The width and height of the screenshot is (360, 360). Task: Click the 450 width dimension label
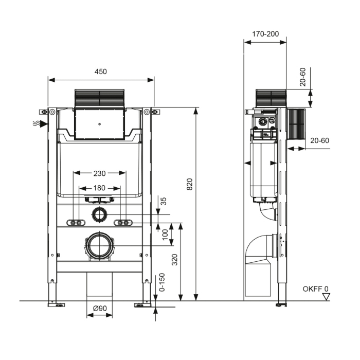(101, 71)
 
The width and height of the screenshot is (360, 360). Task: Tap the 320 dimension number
(175, 260)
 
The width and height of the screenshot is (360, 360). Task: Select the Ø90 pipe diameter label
(99, 308)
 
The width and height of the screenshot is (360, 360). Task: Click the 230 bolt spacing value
(99, 173)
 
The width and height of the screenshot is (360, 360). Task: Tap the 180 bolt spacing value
(99, 188)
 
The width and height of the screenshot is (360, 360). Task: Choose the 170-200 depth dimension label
(265, 34)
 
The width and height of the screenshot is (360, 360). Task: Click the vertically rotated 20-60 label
(303, 76)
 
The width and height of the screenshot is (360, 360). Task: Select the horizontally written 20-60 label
(319, 140)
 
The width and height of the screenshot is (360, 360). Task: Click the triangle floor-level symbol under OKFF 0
(326, 297)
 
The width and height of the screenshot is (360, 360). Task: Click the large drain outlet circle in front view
(99, 246)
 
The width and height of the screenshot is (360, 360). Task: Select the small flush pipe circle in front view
(99, 214)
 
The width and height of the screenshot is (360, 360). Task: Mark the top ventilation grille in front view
(100, 98)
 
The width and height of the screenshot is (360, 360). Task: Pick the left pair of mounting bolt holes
(76, 223)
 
